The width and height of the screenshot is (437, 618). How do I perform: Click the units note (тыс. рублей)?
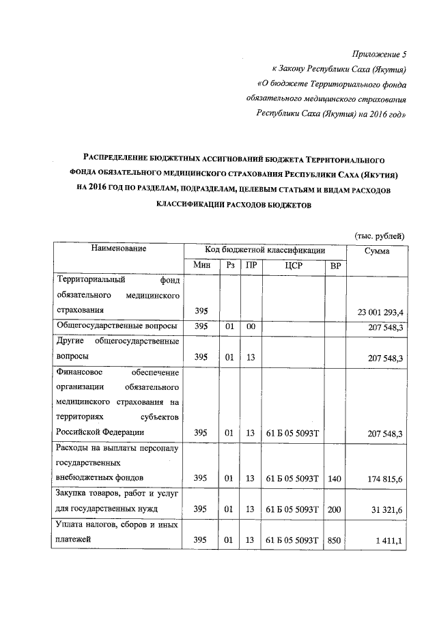(x=380, y=235)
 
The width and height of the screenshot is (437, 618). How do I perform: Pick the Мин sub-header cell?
(x=201, y=265)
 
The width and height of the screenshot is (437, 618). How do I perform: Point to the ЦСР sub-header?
(x=292, y=265)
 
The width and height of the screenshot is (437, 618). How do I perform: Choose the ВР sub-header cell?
(x=335, y=265)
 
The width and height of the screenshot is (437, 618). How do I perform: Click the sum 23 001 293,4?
(x=380, y=312)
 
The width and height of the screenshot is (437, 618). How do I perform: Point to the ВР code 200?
(x=334, y=509)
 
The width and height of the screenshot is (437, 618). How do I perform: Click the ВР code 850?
(x=334, y=541)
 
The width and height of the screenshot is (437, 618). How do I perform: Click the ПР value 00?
(x=251, y=327)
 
